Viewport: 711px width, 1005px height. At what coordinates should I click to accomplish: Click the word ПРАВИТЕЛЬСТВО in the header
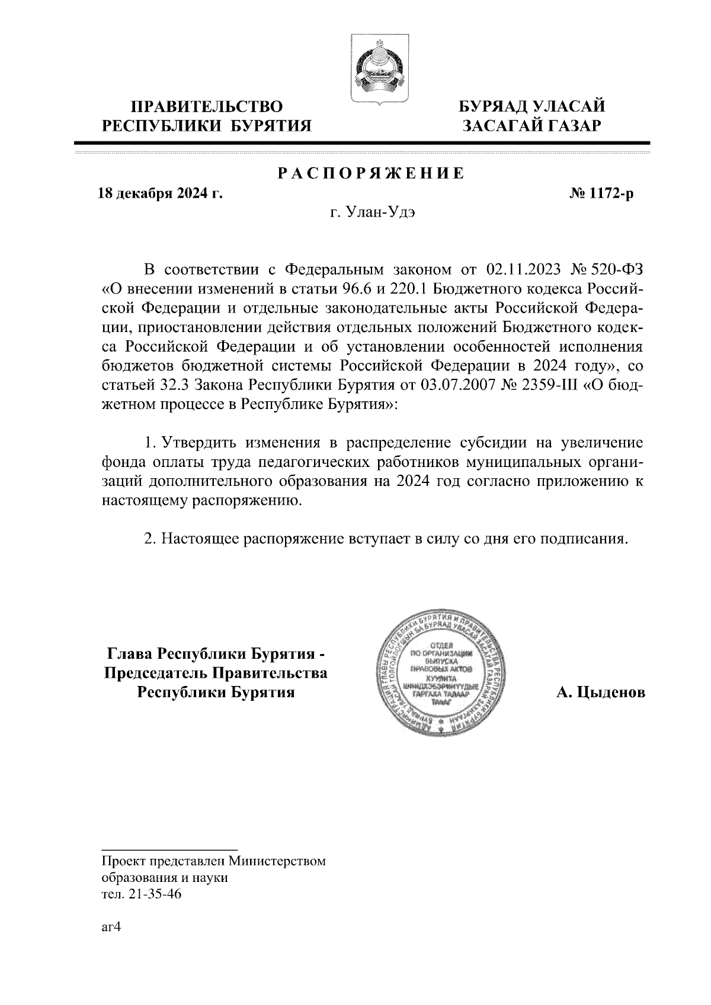click(207, 107)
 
